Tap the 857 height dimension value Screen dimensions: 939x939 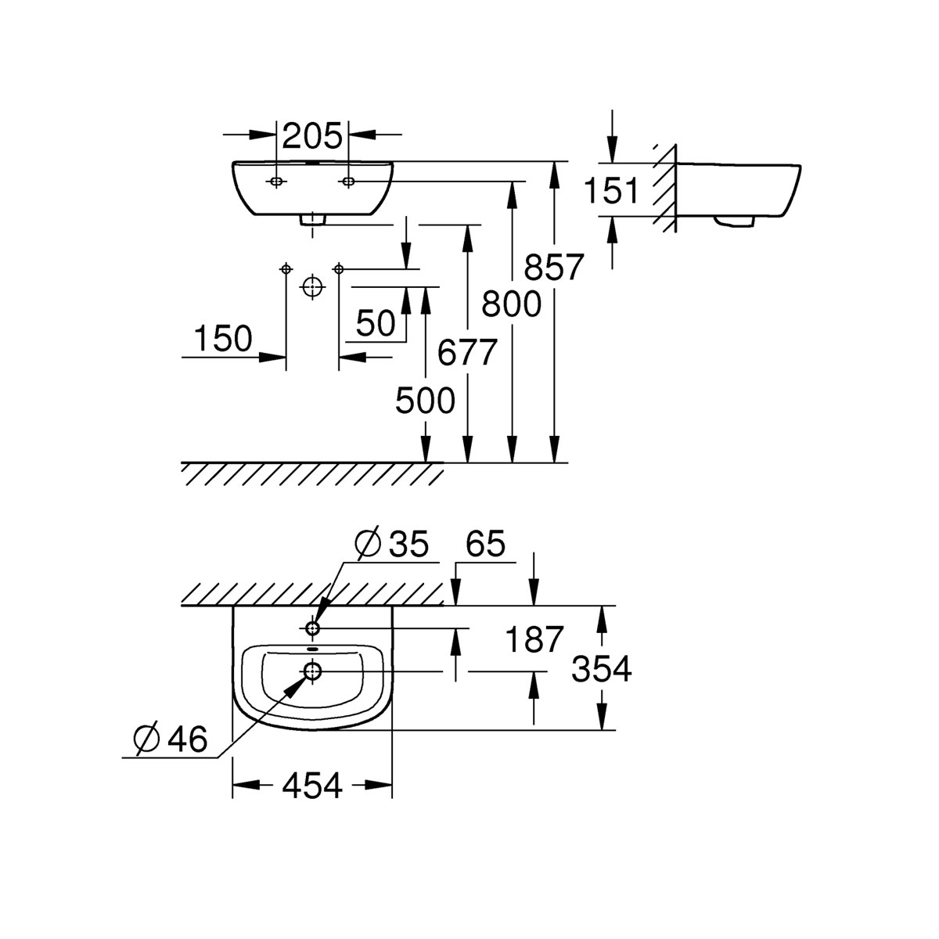pyautogui.click(x=554, y=268)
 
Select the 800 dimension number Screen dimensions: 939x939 pyautogui.click(x=511, y=304)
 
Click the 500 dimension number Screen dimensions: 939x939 pyautogui.click(x=424, y=401)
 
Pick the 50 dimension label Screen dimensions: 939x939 pyautogui.click(x=376, y=323)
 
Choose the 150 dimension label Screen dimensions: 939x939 pyautogui.click(x=223, y=339)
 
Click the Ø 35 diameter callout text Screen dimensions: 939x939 pyautogui.click(x=392, y=545)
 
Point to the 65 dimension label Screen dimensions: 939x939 pyautogui.click(x=485, y=545)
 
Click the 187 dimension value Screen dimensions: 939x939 pyautogui.click(x=534, y=640)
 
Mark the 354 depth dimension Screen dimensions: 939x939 pyautogui.click(x=601, y=669)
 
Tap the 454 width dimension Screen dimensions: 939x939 pyautogui.click(x=312, y=785)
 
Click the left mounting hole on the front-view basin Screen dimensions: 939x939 pyautogui.click(x=276, y=182)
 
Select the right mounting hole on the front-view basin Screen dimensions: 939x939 pyautogui.click(x=347, y=182)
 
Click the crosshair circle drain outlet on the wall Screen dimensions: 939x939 pyautogui.click(x=312, y=287)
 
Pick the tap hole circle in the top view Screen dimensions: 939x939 pyautogui.click(x=312, y=628)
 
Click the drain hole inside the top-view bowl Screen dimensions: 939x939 pyautogui.click(x=312, y=670)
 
